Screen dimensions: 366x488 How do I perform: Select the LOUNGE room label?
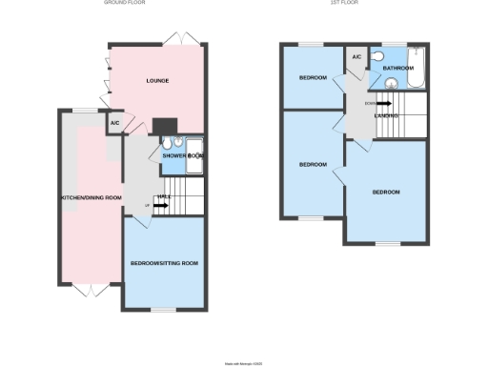(157, 81)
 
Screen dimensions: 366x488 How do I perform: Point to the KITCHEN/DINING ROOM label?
(91, 197)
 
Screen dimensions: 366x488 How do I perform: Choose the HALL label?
(164, 197)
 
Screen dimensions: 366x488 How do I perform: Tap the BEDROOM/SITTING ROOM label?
(164, 263)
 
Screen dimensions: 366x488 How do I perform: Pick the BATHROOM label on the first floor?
(397, 69)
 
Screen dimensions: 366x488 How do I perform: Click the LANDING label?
(386, 115)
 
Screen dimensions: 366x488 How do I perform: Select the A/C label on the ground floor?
(114, 124)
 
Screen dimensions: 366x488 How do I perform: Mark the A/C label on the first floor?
(356, 58)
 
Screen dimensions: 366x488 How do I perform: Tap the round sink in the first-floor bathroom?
(388, 82)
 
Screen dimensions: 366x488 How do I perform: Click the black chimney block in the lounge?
(163, 126)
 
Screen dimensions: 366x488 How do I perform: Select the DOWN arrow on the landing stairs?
(382, 104)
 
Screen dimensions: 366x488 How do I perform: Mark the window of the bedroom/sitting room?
(164, 310)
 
